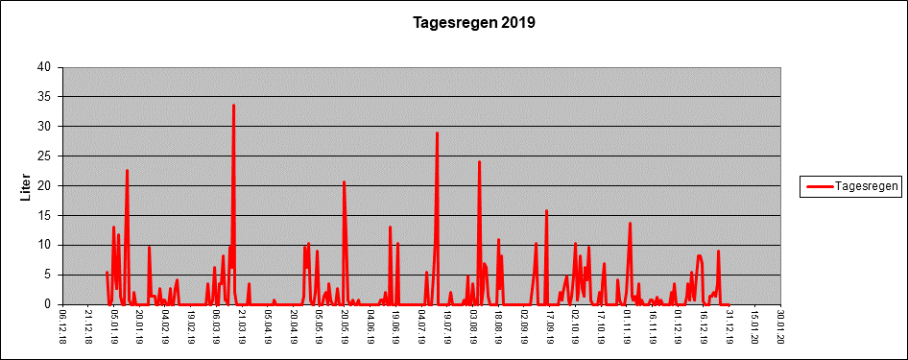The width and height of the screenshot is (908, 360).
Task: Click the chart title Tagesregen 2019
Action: click(474, 23)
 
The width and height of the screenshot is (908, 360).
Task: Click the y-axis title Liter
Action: click(25, 186)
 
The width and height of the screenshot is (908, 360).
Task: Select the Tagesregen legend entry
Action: click(850, 186)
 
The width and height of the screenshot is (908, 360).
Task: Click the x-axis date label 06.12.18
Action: click(63, 325)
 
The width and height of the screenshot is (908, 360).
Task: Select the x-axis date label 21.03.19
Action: click(242, 325)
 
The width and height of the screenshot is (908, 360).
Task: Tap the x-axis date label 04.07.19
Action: click(421, 325)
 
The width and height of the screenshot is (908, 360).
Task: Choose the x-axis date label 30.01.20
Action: click(780, 325)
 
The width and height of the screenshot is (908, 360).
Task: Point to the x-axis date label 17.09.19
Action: click(550, 325)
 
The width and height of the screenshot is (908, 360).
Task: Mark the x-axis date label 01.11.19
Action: click(627, 325)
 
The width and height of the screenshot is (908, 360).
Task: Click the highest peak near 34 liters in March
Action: click(233, 105)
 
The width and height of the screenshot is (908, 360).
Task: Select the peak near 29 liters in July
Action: click(438, 132)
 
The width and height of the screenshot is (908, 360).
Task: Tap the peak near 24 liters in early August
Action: click(480, 161)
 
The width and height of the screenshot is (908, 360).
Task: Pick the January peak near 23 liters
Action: click(127, 170)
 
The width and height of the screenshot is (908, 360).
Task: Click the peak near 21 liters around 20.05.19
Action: click(344, 181)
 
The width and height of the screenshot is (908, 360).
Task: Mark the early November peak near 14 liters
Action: click(630, 223)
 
